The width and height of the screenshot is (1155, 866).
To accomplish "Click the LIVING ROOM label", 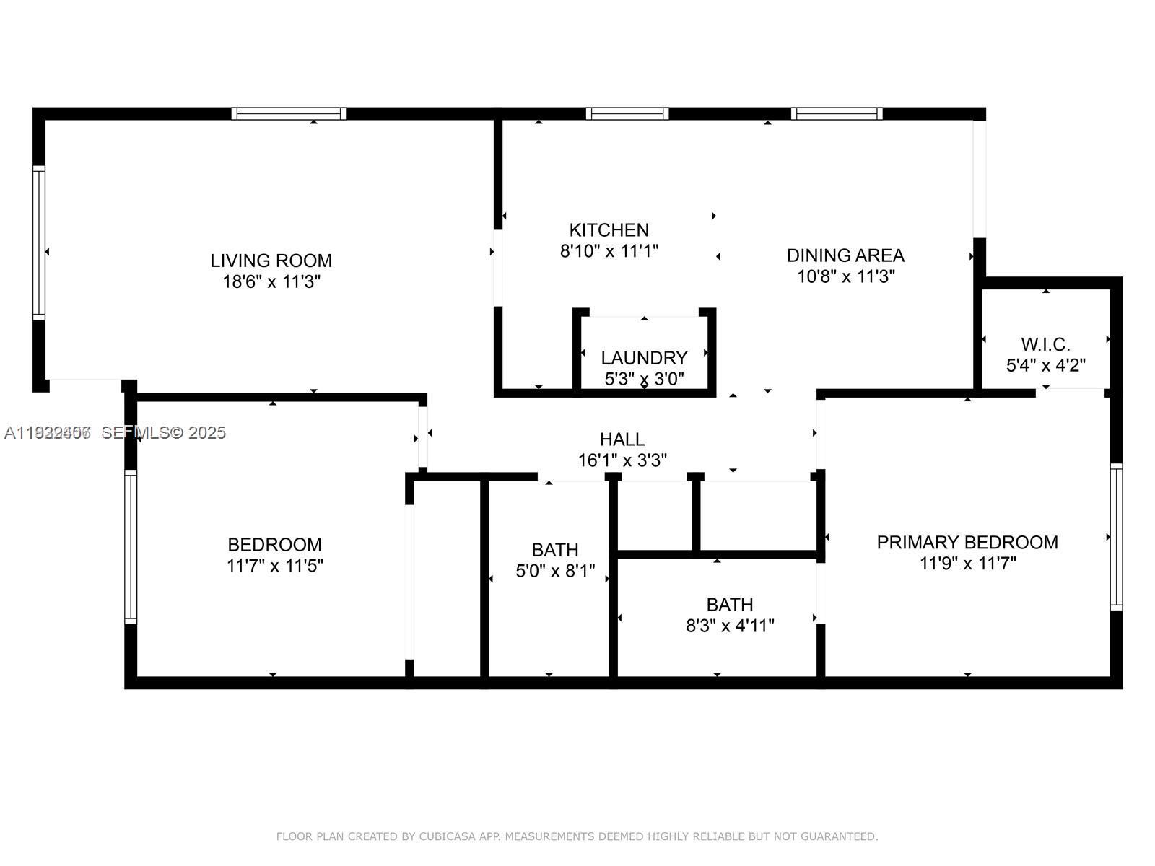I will click(271, 261).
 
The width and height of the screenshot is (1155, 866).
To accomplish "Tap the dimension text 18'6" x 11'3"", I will click(271, 281).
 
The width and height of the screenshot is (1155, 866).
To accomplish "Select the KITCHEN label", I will click(609, 230).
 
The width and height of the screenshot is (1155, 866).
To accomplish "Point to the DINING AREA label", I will click(845, 255).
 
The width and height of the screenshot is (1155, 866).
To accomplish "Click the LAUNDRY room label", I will click(644, 358).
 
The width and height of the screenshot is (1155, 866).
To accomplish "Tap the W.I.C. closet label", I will click(1045, 344).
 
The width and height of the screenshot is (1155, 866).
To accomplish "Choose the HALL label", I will click(622, 439).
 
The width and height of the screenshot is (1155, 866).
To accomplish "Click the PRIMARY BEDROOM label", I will click(967, 542).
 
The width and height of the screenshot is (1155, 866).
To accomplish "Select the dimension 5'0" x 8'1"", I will click(554, 571).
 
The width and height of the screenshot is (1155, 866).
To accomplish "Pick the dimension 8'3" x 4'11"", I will click(729, 626).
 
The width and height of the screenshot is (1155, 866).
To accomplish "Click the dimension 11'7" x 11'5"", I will click(274, 565).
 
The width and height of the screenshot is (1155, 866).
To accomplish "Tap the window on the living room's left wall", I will click(39, 242).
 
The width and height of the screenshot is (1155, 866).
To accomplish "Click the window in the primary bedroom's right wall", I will click(1116, 536).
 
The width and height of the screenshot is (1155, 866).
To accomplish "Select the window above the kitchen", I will click(627, 113).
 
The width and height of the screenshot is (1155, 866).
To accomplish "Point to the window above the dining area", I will click(836, 113).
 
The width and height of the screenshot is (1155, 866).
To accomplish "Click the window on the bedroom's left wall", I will click(131, 546).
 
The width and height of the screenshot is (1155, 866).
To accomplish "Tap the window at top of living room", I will click(288, 113).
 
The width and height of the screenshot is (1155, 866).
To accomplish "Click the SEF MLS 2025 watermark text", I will click(163, 432).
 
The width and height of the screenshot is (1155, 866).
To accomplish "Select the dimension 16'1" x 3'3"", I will click(622, 460).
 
